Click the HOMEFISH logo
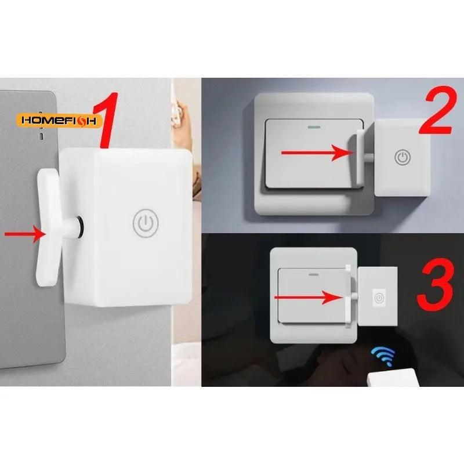(60, 120)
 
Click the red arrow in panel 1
(25, 234)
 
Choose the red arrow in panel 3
(307, 298)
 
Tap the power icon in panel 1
(146, 223)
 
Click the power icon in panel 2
(403, 157)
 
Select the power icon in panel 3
(379, 298)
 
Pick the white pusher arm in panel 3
(350, 295)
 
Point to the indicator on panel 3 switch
(314, 271)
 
